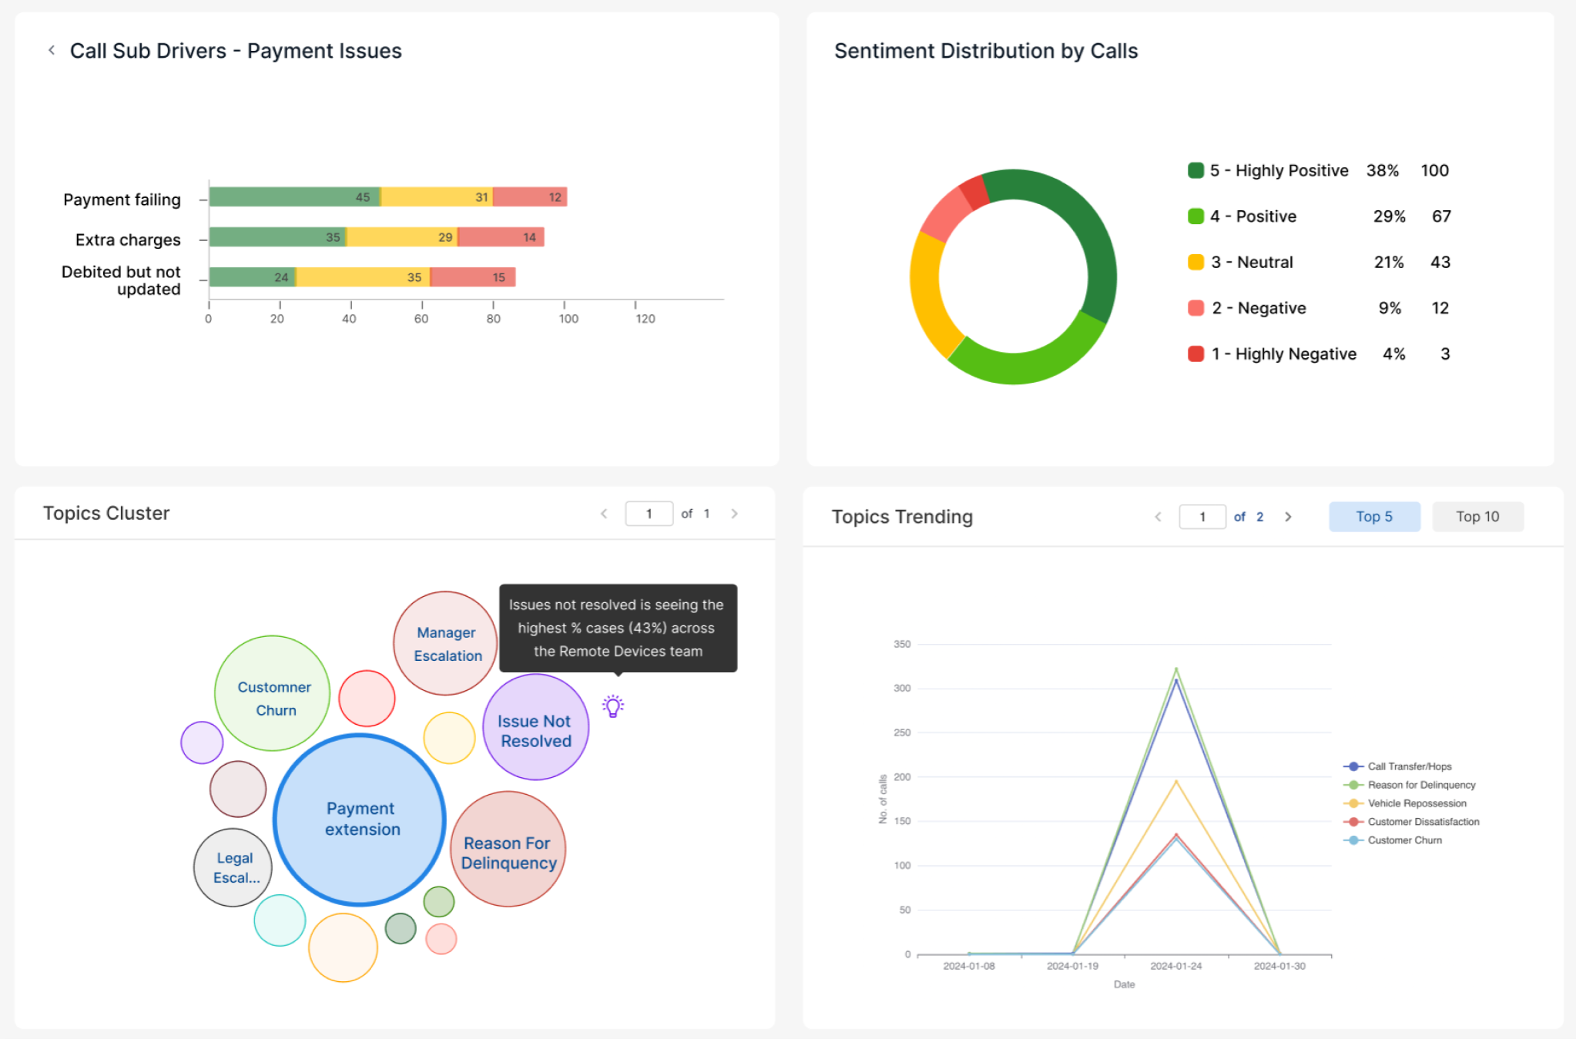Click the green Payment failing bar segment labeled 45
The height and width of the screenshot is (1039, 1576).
pyautogui.click(x=295, y=197)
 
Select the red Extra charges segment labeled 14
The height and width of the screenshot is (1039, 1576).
pyautogui.click(x=501, y=237)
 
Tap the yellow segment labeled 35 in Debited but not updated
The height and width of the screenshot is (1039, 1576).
pyautogui.click(x=363, y=277)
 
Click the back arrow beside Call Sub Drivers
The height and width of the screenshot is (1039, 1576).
pyautogui.click(x=52, y=51)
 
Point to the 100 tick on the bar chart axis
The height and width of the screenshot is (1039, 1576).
pyautogui.click(x=568, y=319)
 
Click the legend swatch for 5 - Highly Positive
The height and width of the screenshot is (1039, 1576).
pyautogui.click(x=1195, y=170)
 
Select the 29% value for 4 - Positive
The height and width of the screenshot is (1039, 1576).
pyautogui.click(x=1389, y=216)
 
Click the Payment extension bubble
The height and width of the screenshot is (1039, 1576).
pyautogui.click(x=360, y=819)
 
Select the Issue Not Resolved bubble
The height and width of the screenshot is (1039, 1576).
pyautogui.click(x=535, y=727)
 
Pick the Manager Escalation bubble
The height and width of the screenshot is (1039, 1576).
pyautogui.click(x=446, y=643)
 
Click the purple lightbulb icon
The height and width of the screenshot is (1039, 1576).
pyautogui.click(x=613, y=706)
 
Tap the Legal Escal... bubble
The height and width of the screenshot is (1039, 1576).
pyautogui.click(x=233, y=867)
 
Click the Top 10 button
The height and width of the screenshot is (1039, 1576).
pyautogui.click(x=1477, y=517)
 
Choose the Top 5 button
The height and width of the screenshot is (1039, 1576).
pyautogui.click(x=1374, y=517)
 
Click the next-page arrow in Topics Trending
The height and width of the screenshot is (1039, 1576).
pyautogui.click(x=1288, y=517)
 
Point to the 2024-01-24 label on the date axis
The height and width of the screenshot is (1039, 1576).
pyautogui.click(x=1175, y=966)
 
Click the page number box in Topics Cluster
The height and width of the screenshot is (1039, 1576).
pyautogui.click(x=649, y=514)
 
